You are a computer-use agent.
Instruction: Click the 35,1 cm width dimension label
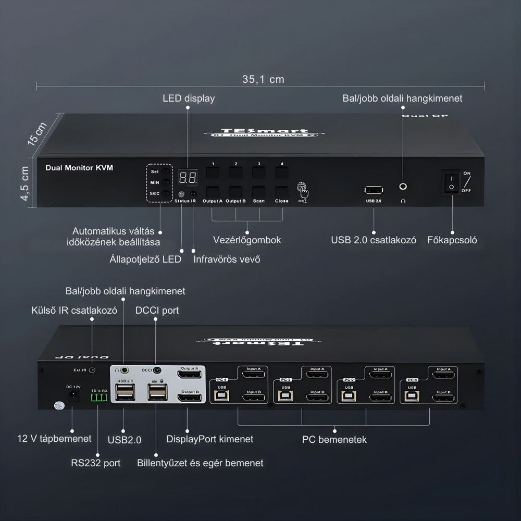point(263,79)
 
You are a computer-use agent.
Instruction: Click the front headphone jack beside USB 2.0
point(402,187)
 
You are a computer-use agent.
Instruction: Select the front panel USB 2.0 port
point(374,190)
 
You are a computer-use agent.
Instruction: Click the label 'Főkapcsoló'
point(452,240)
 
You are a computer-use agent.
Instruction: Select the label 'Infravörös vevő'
point(227,259)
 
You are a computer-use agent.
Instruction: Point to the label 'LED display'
point(189,98)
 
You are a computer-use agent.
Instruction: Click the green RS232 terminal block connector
point(98,399)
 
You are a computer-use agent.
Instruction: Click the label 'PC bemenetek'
point(334,439)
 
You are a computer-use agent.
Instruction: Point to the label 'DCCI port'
point(157,310)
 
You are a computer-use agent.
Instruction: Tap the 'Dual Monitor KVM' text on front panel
point(79,168)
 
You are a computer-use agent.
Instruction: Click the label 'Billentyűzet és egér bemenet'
point(200,463)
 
